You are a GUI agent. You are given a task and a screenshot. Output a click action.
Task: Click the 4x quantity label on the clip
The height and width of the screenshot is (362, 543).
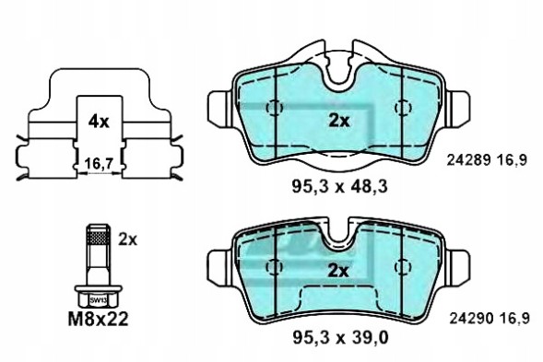click(98, 121)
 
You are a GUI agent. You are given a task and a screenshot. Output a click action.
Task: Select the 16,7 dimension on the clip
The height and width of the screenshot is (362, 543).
click(98, 165)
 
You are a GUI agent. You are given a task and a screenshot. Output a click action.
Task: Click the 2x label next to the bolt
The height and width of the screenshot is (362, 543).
click(127, 239)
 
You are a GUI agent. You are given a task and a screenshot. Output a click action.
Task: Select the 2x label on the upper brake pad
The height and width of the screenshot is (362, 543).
click(339, 121)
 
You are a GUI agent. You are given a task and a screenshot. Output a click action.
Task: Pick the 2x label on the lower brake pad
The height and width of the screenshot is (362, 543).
click(339, 270)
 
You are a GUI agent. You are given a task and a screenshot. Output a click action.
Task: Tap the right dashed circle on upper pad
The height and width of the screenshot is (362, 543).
click(402, 108)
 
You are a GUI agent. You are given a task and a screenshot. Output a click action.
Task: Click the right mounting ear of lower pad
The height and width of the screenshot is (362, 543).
click(457, 265)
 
